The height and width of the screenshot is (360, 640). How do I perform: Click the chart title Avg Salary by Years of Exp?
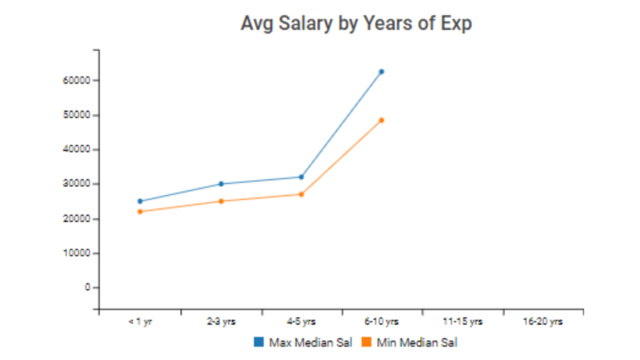[x=356, y=24]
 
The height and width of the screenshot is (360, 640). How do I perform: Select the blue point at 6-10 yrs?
[x=381, y=72]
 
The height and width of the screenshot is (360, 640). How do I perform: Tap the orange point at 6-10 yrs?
[x=381, y=120]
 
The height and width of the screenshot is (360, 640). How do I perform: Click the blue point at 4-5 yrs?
[x=301, y=177]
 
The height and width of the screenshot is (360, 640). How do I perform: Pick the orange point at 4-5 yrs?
[x=301, y=194]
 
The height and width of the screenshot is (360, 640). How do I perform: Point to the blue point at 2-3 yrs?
[x=221, y=184]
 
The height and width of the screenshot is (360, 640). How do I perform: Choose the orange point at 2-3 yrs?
[x=221, y=201]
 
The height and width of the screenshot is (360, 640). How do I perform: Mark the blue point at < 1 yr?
[x=140, y=201]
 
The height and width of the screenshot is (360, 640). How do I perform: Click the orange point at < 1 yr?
[x=140, y=211]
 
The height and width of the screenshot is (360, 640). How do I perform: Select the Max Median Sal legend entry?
[x=303, y=342]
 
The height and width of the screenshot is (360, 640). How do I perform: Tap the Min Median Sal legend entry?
[x=409, y=342]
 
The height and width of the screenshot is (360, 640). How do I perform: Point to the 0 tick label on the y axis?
[x=88, y=287]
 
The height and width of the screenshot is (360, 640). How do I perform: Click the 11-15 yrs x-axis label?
[x=462, y=322]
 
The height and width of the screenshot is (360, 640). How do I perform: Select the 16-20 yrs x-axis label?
[x=542, y=322]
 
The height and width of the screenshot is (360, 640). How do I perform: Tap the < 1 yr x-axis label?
[x=140, y=322]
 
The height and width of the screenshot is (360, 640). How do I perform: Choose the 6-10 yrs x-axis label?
[x=381, y=322]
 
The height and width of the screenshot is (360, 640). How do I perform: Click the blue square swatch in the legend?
[x=258, y=342]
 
